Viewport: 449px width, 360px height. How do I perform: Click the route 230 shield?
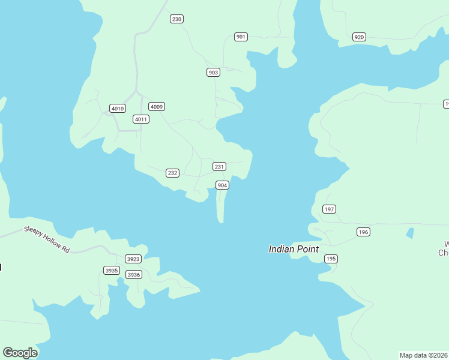point(176,19)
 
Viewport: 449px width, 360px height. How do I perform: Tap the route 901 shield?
point(241,37)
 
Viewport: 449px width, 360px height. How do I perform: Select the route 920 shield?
point(359,37)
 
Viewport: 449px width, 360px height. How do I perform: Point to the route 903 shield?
point(213,73)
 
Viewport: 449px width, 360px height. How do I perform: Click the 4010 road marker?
point(118,109)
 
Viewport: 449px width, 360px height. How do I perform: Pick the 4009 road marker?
point(157,107)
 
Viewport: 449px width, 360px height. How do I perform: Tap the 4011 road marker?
point(141,119)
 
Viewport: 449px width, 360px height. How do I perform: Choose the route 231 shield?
point(219,166)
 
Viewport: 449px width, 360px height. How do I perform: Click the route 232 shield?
point(172,173)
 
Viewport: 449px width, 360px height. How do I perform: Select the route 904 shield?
point(222,185)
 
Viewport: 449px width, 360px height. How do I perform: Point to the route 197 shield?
point(329,209)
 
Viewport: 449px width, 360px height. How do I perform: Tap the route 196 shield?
point(363,232)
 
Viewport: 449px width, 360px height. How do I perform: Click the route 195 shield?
point(331,259)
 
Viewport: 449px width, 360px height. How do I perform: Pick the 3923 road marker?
point(133,259)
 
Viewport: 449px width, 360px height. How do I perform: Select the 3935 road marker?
point(112,271)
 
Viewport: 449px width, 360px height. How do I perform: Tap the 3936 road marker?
point(133,275)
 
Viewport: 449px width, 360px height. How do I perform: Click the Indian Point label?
point(294,249)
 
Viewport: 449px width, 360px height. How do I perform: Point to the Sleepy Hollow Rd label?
point(47,239)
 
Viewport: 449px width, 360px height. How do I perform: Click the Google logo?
point(20,353)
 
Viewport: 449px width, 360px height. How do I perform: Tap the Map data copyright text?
point(424,355)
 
